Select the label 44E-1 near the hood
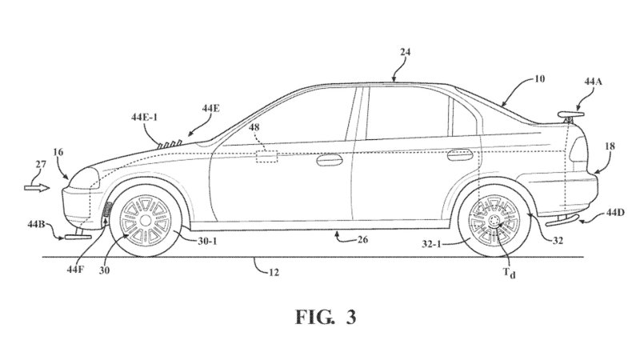[x=145, y=118]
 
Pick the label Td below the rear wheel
[x=510, y=273]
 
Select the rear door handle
[x=458, y=152]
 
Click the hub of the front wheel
[x=146, y=218]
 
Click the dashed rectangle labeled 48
[x=266, y=156]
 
